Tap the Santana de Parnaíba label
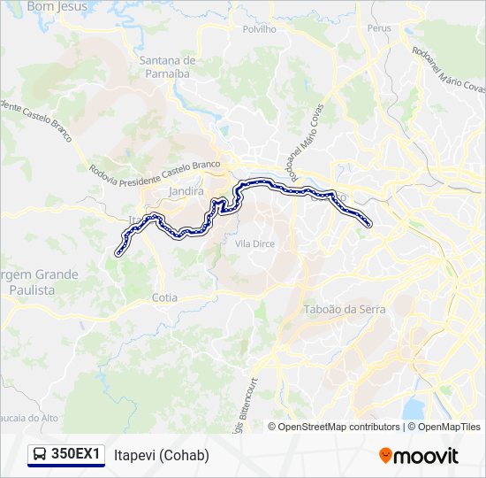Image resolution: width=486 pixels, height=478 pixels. tap(168, 66)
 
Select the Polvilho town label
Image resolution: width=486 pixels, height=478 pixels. tap(259, 28)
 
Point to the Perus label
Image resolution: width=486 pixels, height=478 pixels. tap(379, 28)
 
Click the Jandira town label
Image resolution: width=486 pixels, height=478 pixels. tap(186, 191)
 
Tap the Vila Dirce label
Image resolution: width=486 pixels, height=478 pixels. tap(254, 242)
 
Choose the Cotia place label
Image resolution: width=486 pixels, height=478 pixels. tap(165, 298)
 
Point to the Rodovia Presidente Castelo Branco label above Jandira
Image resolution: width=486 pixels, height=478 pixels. tap(155, 171)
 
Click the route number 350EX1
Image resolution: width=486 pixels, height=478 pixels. tap(75, 454)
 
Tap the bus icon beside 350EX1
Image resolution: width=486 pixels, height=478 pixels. tap(40, 455)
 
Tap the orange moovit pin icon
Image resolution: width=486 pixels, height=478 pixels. tap(386, 455)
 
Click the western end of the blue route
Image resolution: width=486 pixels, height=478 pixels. tap(118, 253)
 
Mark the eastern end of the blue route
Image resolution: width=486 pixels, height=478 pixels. tap(368, 225)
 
